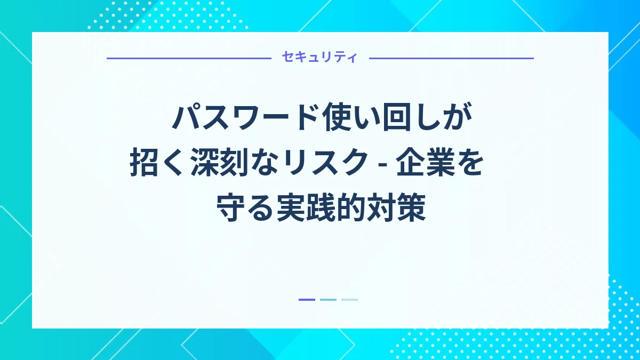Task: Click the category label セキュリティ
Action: click(x=320, y=58)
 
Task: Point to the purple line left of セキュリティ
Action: click(x=189, y=58)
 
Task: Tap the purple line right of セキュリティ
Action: click(x=451, y=58)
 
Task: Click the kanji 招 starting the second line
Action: click(x=143, y=164)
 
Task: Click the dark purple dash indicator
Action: click(x=307, y=300)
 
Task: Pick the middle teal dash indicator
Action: click(x=328, y=300)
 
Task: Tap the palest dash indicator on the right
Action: click(x=349, y=300)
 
